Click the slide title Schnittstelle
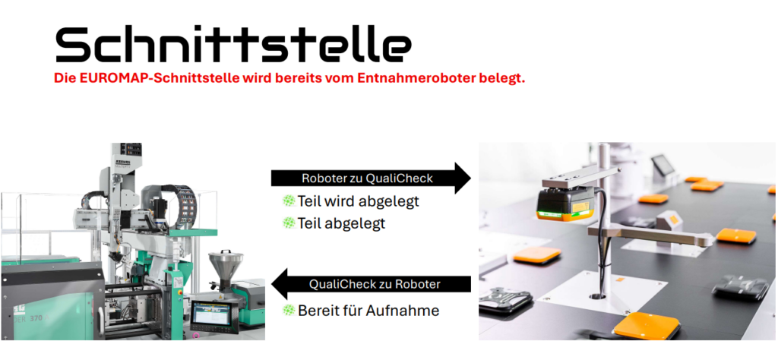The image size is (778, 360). (233, 44)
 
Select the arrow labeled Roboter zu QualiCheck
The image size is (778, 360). (371, 178)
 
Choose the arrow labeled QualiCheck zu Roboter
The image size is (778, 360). (371, 284)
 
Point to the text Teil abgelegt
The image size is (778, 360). (341, 223)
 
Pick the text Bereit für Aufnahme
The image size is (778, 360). (368, 311)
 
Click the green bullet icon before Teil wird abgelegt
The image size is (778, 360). (289, 201)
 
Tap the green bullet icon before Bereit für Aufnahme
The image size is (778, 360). (289, 311)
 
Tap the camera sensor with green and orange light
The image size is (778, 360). (565, 204)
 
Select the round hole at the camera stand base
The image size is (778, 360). (597, 296)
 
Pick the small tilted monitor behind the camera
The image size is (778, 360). (663, 164)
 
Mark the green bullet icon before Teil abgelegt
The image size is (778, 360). (289, 223)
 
